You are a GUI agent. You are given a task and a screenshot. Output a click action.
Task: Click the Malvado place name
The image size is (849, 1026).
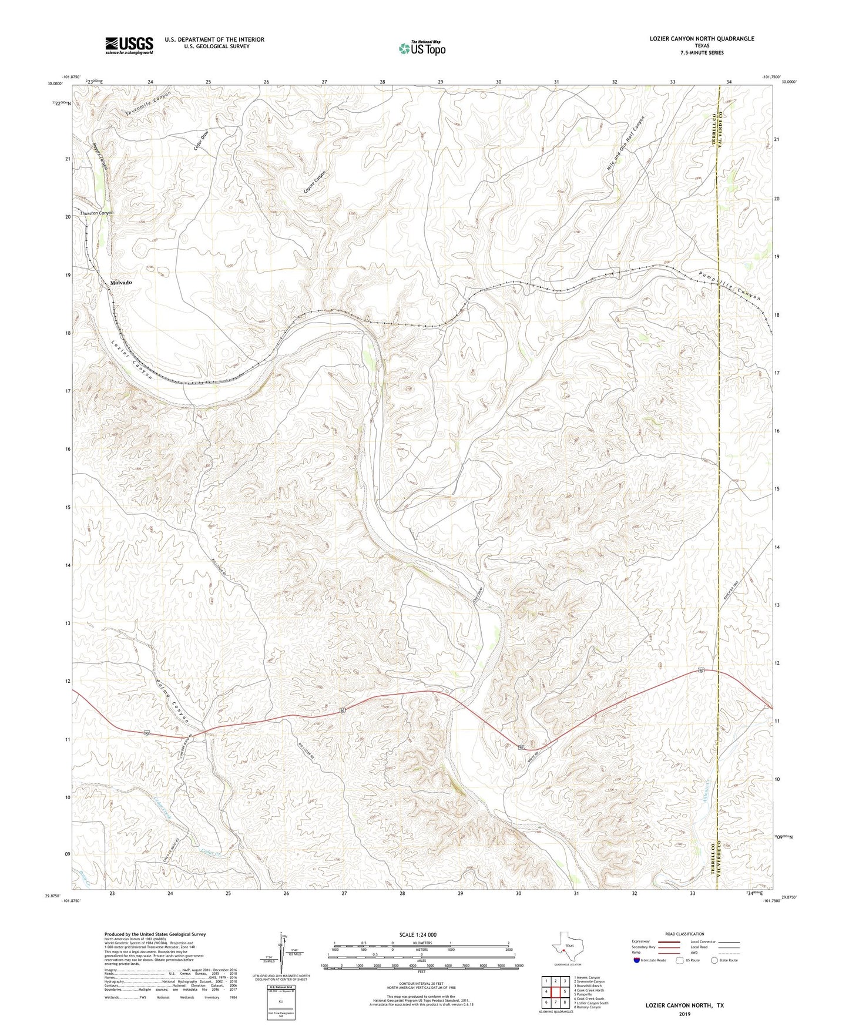pyautogui.click(x=121, y=283)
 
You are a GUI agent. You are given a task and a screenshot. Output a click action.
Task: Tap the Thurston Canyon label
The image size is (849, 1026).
pyautogui.click(x=97, y=213)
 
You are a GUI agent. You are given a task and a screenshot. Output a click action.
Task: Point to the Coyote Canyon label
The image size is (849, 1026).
pyautogui.click(x=314, y=183)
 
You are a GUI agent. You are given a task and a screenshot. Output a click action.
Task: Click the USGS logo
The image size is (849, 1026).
pyautogui.click(x=129, y=45)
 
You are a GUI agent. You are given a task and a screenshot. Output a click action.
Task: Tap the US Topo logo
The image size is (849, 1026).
pyautogui.click(x=421, y=48)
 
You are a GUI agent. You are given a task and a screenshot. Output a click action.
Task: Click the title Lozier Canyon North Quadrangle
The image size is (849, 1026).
pyautogui.click(x=702, y=39)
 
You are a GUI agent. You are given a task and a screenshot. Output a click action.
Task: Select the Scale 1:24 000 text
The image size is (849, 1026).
pyautogui.click(x=418, y=935)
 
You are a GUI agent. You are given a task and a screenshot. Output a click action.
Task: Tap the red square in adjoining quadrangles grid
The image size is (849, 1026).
pyautogui.click(x=555, y=991)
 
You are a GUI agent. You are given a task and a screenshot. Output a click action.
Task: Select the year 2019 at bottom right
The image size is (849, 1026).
pyautogui.click(x=684, y=1014)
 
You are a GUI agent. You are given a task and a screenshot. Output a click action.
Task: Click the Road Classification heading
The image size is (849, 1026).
pyautogui.click(x=684, y=934)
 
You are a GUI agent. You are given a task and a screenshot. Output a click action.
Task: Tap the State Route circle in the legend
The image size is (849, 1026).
pyautogui.click(x=714, y=960)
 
